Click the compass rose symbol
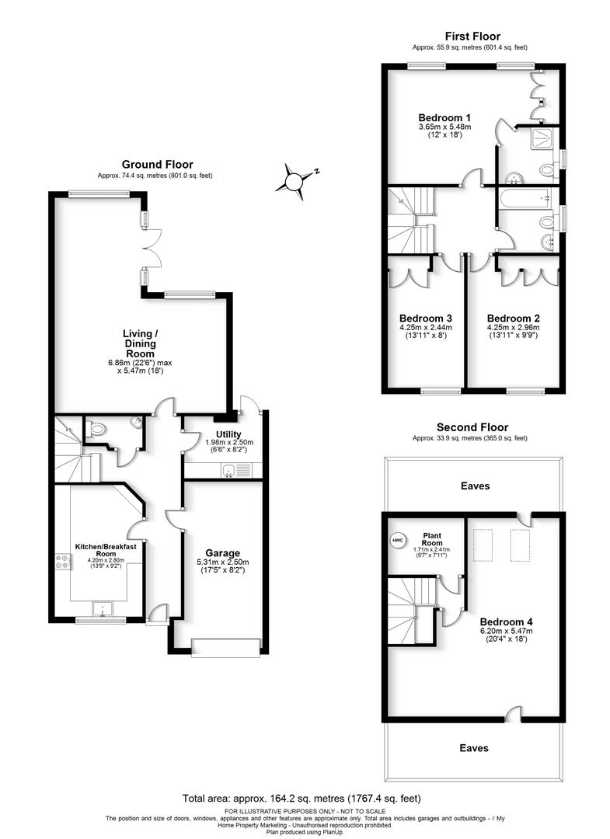pyautogui.click(x=294, y=181)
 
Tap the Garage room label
pyautogui.click(x=221, y=553)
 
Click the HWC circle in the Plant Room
pyautogui.click(x=397, y=540)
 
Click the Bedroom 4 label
pyautogui.click(x=506, y=621)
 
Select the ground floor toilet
pyautogui.click(x=96, y=428)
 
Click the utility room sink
pyautogui.click(x=228, y=469)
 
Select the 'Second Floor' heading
pyautogui.click(x=472, y=427)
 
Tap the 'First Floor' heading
pyautogui.click(x=472, y=36)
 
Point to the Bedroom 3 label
pyautogui.click(x=425, y=318)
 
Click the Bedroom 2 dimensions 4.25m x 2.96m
pyautogui.click(x=513, y=328)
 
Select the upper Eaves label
pyautogui.click(x=474, y=486)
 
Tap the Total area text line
pyautogui.click(x=305, y=798)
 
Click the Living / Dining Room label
pyautogui.click(x=139, y=343)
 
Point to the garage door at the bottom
pyautogui.click(x=221, y=645)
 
